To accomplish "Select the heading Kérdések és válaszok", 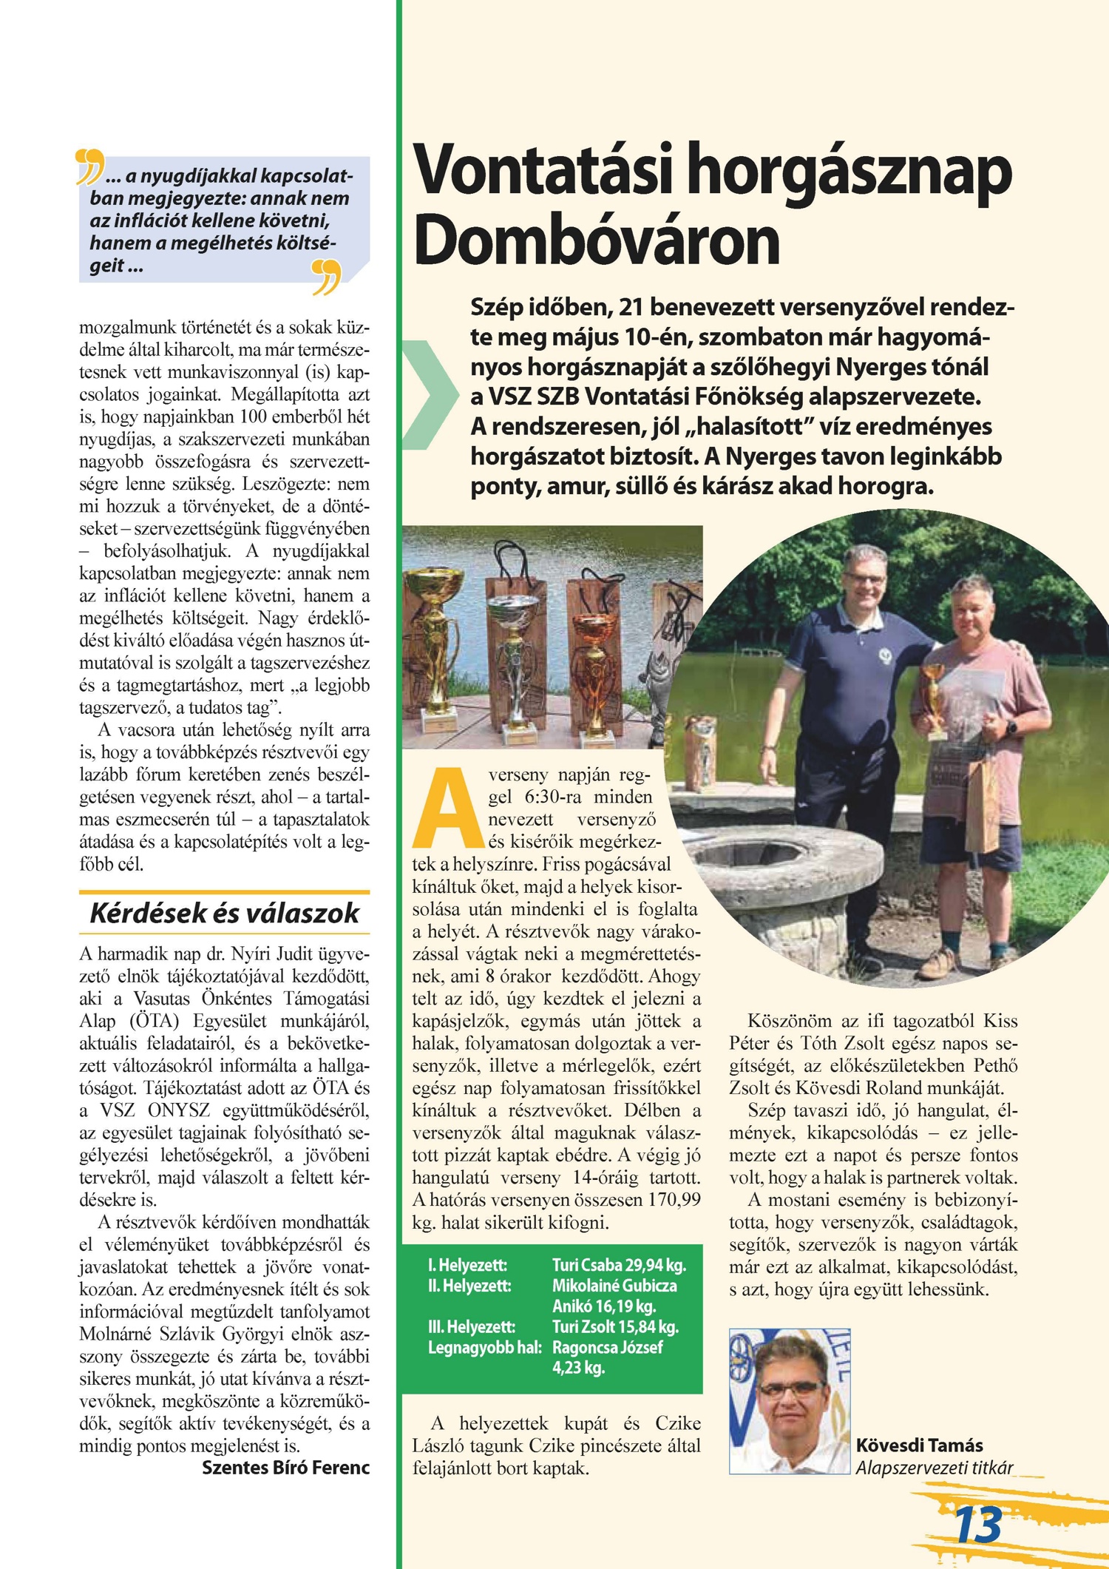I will coord(224,913).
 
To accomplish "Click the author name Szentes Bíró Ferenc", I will coord(285,1468).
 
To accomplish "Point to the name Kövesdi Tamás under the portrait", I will coord(919,1445).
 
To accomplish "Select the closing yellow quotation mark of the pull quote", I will coord(326,276).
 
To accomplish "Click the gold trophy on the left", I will coord(436,636).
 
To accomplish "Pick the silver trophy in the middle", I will coord(515,658).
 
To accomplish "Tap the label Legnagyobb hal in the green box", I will coord(484,1347).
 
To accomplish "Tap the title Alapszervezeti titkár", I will coord(934,1468).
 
